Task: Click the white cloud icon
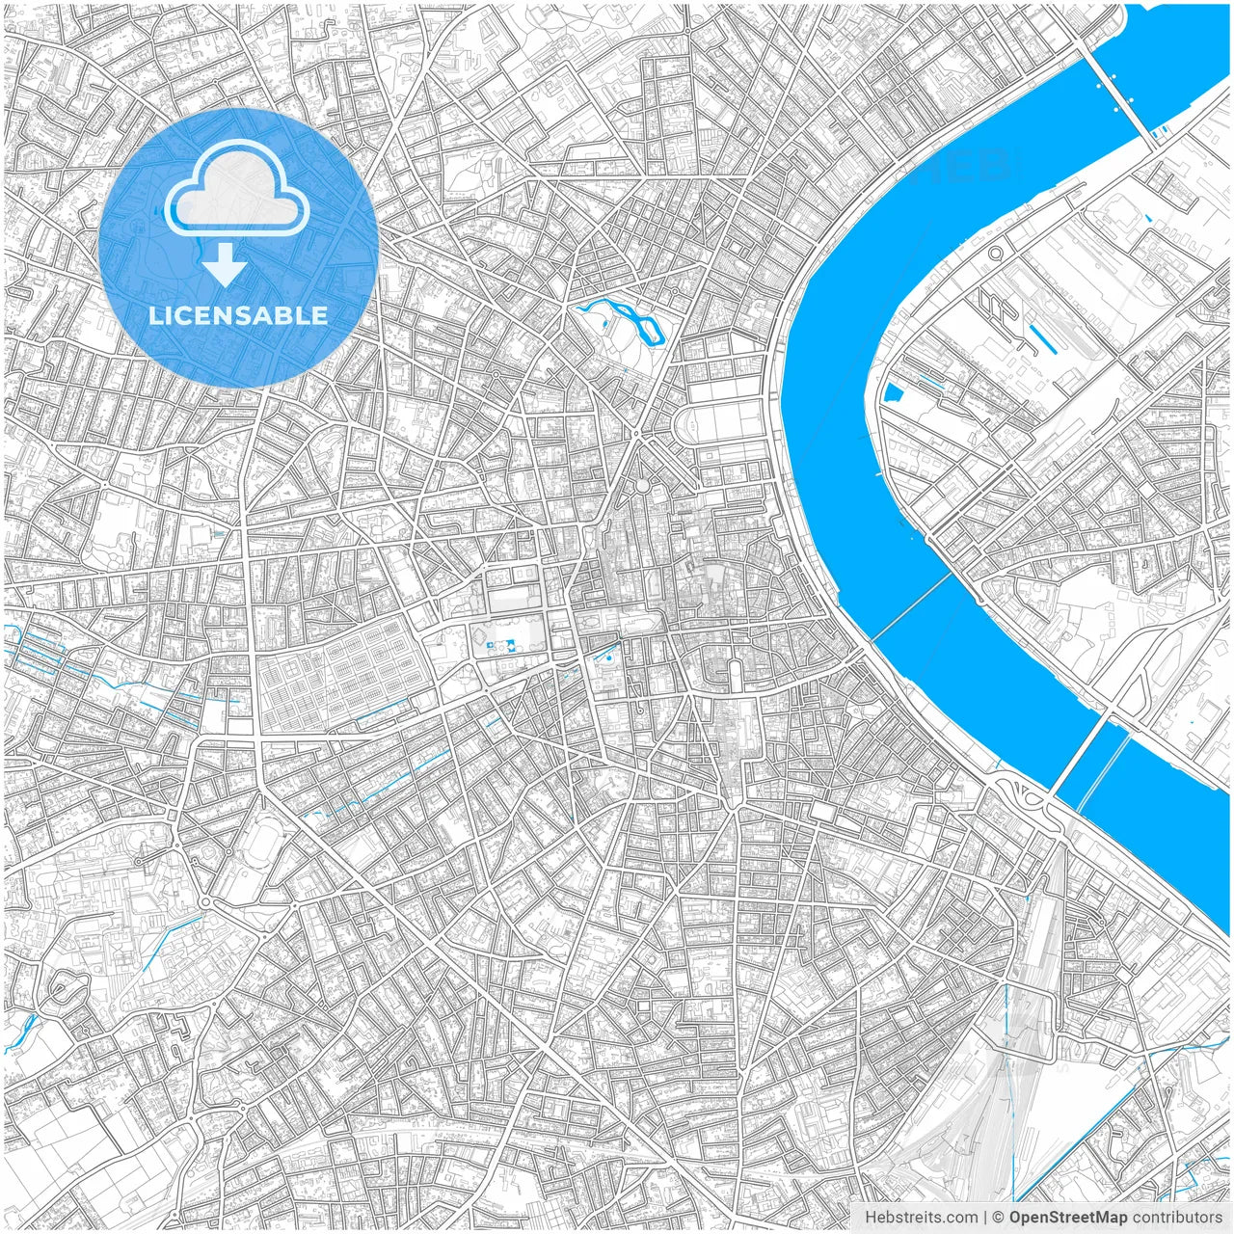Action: (237, 191)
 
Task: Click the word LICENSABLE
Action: (237, 315)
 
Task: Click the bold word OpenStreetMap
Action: (1068, 1218)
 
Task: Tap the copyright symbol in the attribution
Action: (999, 1218)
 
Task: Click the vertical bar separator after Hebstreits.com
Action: (984, 1218)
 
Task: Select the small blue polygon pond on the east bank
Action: (893, 392)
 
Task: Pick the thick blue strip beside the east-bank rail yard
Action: (1038, 335)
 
